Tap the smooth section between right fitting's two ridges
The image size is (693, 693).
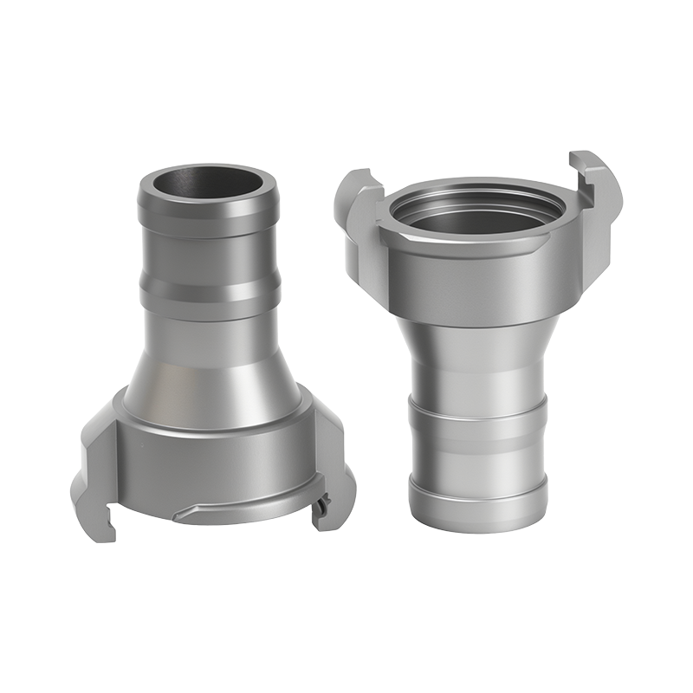(477, 455)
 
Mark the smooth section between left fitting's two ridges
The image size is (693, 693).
(206, 256)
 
